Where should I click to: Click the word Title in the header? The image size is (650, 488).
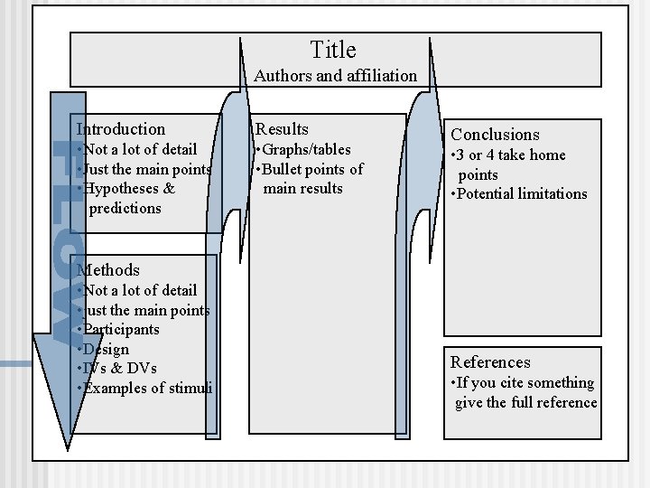click(x=333, y=50)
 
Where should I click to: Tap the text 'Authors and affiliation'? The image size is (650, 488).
click(x=336, y=76)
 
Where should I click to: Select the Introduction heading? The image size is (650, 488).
click(x=122, y=129)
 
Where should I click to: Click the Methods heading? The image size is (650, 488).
click(x=109, y=269)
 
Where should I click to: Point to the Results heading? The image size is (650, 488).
click(x=283, y=129)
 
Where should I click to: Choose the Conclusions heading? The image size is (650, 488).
click(x=495, y=135)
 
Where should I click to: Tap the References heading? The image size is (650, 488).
click(x=490, y=361)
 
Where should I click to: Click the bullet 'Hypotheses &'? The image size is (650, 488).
click(x=127, y=189)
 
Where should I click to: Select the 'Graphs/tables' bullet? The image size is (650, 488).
click(x=303, y=149)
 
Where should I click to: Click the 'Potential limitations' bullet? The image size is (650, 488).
click(x=519, y=193)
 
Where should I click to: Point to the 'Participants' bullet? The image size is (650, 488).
click(x=119, y=330)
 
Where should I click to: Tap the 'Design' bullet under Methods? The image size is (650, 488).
click(x=105, y=349)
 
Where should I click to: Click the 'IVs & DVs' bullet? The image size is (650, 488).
click(x=118, y=368)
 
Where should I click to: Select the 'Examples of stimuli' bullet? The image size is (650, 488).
click(x=146, y=388)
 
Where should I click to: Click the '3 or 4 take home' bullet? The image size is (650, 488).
click(x=508, y=155)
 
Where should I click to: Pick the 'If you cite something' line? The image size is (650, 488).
click(x=523, y=383)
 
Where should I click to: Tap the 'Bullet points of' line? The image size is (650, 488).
click(x=310, y=169)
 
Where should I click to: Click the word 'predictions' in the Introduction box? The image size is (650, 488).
click(x=125, y=208)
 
